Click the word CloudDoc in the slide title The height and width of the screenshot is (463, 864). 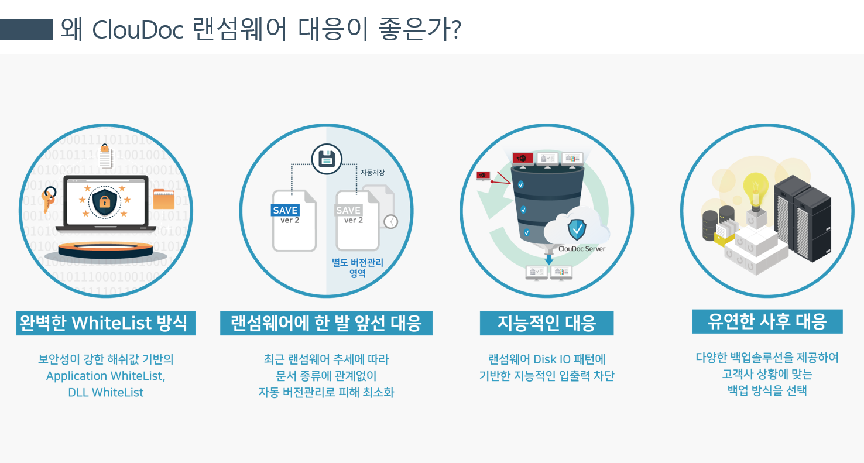click(x=138, y=30)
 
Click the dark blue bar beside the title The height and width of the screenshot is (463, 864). click(x=27, y=30)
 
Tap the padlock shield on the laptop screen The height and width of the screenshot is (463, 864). click(x=104, y=203)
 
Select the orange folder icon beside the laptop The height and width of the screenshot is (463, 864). click(x=163, y=199)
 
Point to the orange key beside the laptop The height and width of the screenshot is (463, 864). click(x=49, y=198)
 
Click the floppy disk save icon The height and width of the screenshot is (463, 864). click(x=326, y=158)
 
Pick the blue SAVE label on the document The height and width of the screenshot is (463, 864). click(x=285, y=210)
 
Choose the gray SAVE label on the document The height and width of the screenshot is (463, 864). click(x=348, y=210)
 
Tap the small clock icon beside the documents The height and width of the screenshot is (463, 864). click(x=390, y=221)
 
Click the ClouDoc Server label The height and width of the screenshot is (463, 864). click(x=582, y=249)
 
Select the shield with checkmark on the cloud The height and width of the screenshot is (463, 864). click(x=577, y=230)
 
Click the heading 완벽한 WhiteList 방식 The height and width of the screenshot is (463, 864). click(x=105, y=323)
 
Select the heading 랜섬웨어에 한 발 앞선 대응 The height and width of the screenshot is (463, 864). click(x=326, y=323)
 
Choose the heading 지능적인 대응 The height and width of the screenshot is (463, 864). click(x=546, y=323)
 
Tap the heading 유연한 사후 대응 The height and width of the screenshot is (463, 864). click(x=767, y=321)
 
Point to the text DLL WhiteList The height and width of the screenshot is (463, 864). click(x=105, y=392)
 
